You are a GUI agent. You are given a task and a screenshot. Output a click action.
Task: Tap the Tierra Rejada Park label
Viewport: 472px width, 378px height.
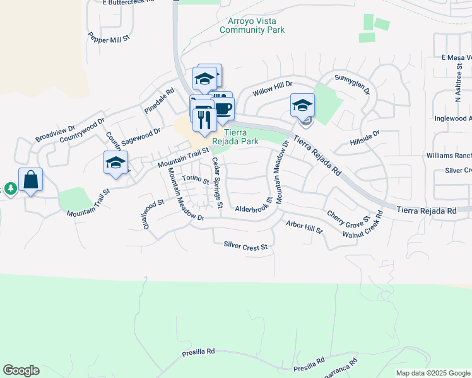point(240,137)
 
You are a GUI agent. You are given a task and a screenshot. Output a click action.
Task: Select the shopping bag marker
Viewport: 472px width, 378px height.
point(31,180)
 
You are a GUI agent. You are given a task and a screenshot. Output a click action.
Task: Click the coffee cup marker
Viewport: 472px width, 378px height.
point(223,108)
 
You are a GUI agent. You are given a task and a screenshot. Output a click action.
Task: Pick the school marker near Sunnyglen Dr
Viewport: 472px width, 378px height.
point(302,105)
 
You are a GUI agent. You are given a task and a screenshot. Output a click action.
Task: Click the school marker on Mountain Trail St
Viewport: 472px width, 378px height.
point(116,163)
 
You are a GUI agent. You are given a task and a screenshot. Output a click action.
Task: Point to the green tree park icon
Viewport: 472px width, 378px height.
point(11,188)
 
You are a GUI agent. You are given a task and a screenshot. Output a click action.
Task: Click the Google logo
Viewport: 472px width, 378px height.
point(21,370)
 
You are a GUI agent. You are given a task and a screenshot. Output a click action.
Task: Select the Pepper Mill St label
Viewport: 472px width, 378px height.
point(109,38)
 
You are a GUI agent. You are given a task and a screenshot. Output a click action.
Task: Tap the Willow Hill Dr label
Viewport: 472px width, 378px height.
point(273,88)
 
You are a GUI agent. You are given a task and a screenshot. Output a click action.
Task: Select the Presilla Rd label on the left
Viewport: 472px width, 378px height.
point(198,351)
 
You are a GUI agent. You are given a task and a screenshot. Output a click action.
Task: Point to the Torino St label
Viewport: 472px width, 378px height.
point(196,179)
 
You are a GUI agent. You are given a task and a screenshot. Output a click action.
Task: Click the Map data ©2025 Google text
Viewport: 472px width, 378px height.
point(432,372)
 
